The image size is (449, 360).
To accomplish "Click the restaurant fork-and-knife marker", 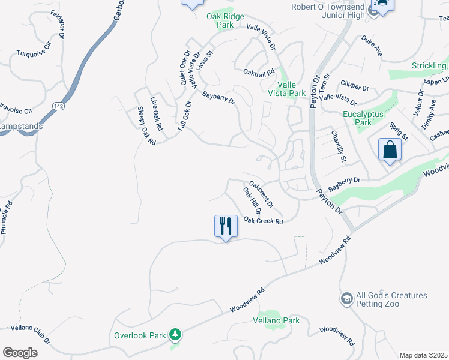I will pyautogui.click(x=226, y=226).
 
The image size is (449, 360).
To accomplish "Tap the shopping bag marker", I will pyautogui.click(x=390, y=149).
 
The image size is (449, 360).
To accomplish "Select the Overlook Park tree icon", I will pyautogui.click(x=175, y=334).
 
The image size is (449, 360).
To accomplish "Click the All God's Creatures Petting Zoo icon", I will pyautogui.click(x=346, y=299).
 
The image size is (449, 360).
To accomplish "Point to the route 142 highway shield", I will pyautogui.click(x=58, y=106).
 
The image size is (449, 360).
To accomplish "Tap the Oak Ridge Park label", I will pyautogui.click(x=220, y=21).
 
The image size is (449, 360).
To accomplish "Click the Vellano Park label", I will pyautogui.click(x=278, y=321).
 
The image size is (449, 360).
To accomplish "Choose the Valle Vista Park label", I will pyautogui.click(x=287, y=89).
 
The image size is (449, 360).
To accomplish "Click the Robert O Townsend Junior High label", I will pyautogui.click(x=328, y=11).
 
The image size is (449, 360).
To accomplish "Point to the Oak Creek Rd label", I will pyautogui.click(x=263, y=221).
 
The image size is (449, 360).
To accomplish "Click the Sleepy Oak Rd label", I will pyautogui.click(x=146, y=125).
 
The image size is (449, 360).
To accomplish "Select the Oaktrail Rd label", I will pyautogui.click(x=259, y=71).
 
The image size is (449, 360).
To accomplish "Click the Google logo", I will pyautogui.click(x=20, y=353).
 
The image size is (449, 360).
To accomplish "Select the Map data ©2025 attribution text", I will pyautogui.click(x=423, y=355).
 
